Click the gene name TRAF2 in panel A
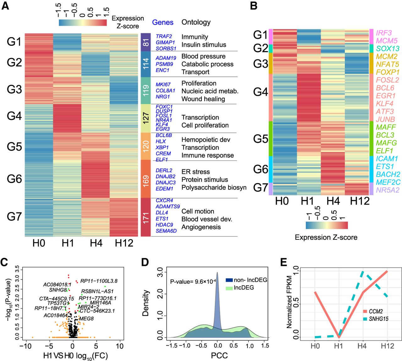[x=164, y=36]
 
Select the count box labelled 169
[x=146, y=179]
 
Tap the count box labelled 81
[x=146, y=42]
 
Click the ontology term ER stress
[x=195, y=172]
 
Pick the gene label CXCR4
[x=164, y=201]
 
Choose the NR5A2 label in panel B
[x=388, y=190]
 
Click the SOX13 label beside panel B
[x=388, y=49]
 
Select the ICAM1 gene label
[x=387, y=159]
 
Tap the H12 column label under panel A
[x=124, y=243]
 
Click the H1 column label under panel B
[x=307, y=201]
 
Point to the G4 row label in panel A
[x=14, y=116]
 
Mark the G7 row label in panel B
[x=261, y=188]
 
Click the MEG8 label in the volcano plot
[x=86, y=319]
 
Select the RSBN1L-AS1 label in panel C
[x=97, y=291]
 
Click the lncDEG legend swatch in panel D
[x=229, y=288]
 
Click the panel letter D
[x=145, y=262]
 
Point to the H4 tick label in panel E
[x=362, y=346]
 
